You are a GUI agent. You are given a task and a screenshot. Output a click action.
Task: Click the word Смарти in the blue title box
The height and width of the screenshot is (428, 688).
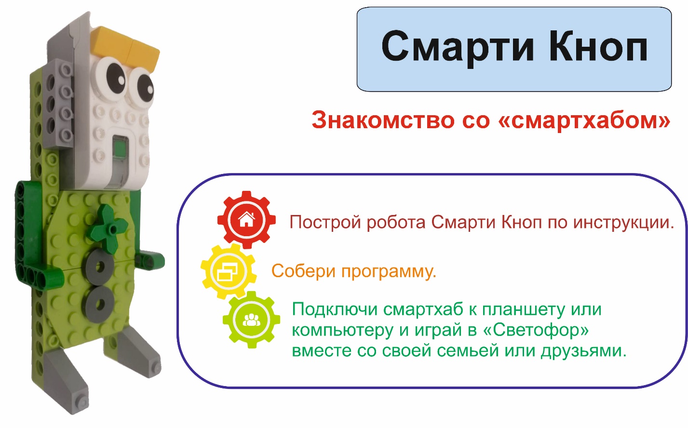click(458, 47)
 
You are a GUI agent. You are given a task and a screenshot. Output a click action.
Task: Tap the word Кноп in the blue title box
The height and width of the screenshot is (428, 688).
click(598, 46)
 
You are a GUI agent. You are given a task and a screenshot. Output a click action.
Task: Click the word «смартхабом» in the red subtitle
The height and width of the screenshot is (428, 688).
click(584, 120)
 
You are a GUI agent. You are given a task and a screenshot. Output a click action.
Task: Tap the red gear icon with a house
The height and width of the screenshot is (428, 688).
click(246, 220)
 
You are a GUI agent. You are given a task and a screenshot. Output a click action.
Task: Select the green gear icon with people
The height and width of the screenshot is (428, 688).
click(251, 320)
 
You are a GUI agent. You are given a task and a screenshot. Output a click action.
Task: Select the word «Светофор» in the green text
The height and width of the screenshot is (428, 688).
click(536, 330)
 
